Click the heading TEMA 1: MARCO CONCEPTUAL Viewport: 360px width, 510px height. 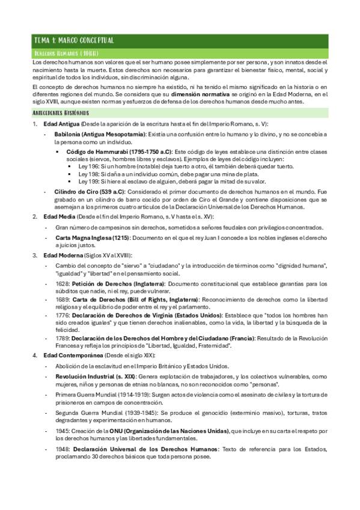coord(73,40)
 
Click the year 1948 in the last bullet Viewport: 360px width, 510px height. coord(61,448)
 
